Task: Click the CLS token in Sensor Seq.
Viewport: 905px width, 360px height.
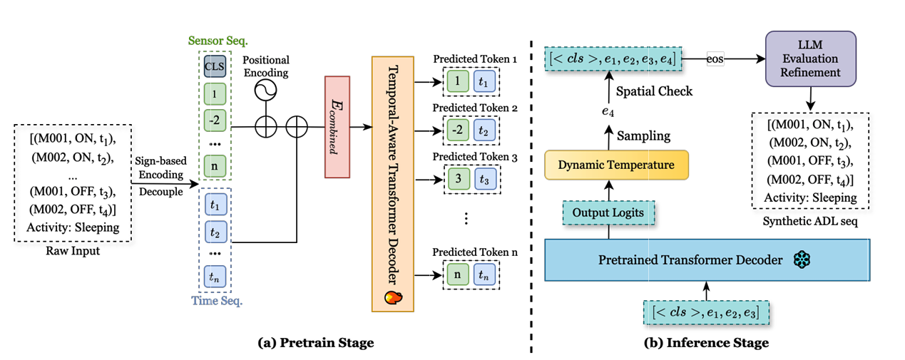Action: (215, 68)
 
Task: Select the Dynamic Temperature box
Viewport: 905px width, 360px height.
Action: (617, 165)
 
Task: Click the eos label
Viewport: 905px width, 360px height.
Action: (715, 58)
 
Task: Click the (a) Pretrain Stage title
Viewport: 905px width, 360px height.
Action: (315, 344)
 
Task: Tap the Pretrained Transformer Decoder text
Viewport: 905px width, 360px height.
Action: (690, 259)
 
